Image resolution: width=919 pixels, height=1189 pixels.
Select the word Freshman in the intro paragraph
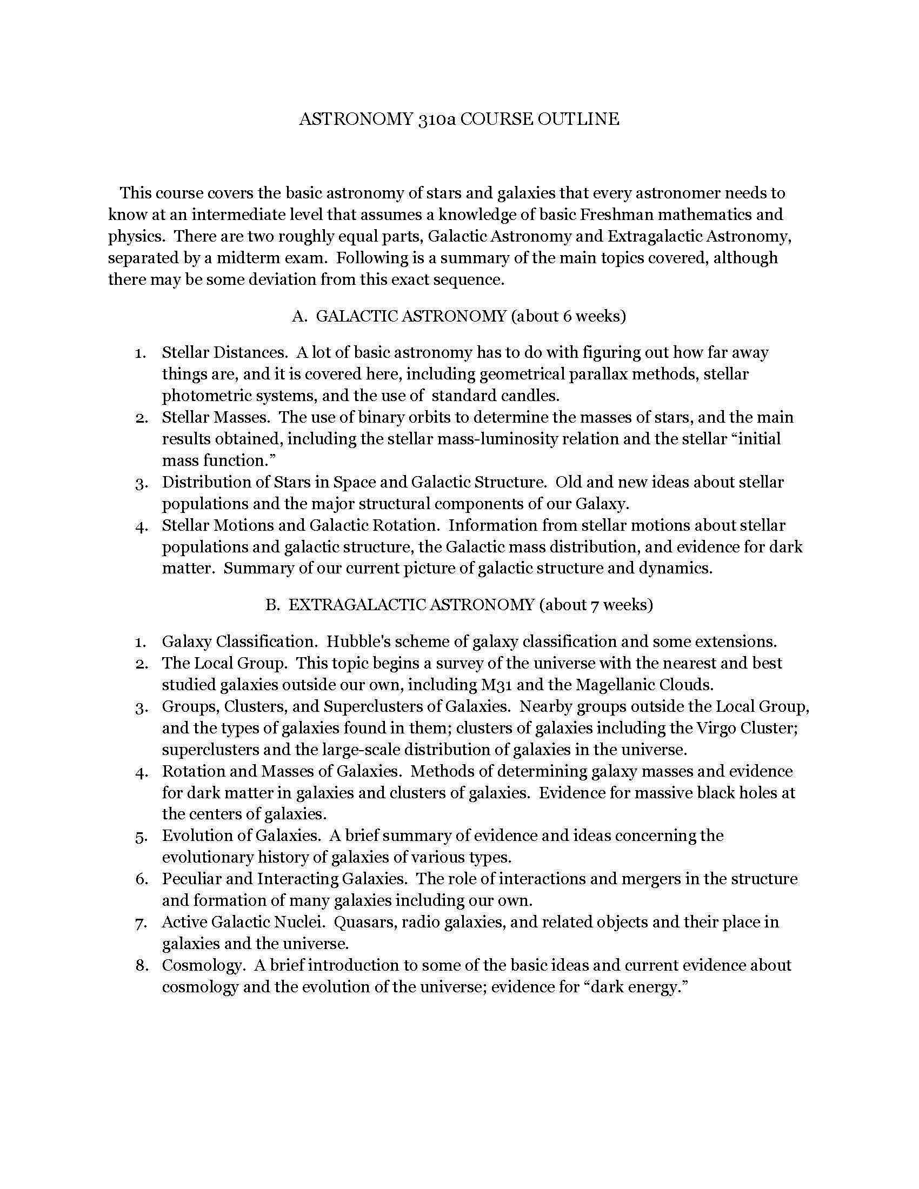[616, 215]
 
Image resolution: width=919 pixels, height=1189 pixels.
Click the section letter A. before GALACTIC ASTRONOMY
[300, 316]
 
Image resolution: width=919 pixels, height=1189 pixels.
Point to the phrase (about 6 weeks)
[568, 316]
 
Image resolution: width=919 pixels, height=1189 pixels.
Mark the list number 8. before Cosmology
[142, 966]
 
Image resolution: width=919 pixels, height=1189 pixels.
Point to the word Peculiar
[192, 879]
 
